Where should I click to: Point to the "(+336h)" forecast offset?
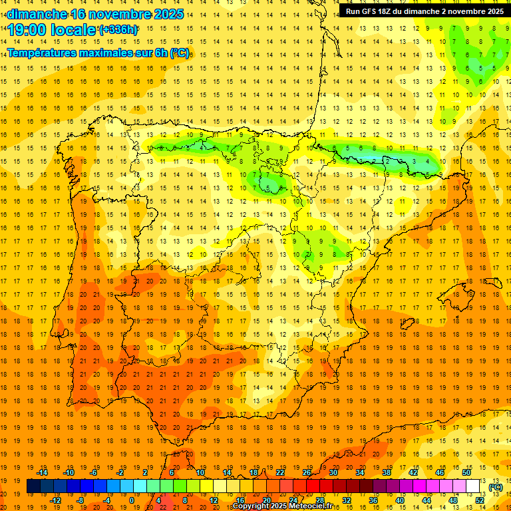coord(118,30)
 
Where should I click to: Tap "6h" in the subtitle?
coord(160,53)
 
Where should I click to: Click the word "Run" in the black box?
coord(353,11)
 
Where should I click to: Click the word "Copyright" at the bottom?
coord(251,506)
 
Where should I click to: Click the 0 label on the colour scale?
coord(132,500)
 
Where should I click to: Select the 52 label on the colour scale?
coord(480,500)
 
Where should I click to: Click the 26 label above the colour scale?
coord(307,472)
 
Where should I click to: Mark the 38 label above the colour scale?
coord(385,472)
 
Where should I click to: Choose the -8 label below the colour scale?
coord(80,500)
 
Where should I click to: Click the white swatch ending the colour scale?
coord(473,486)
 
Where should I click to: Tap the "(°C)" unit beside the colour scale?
coord(496,487)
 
